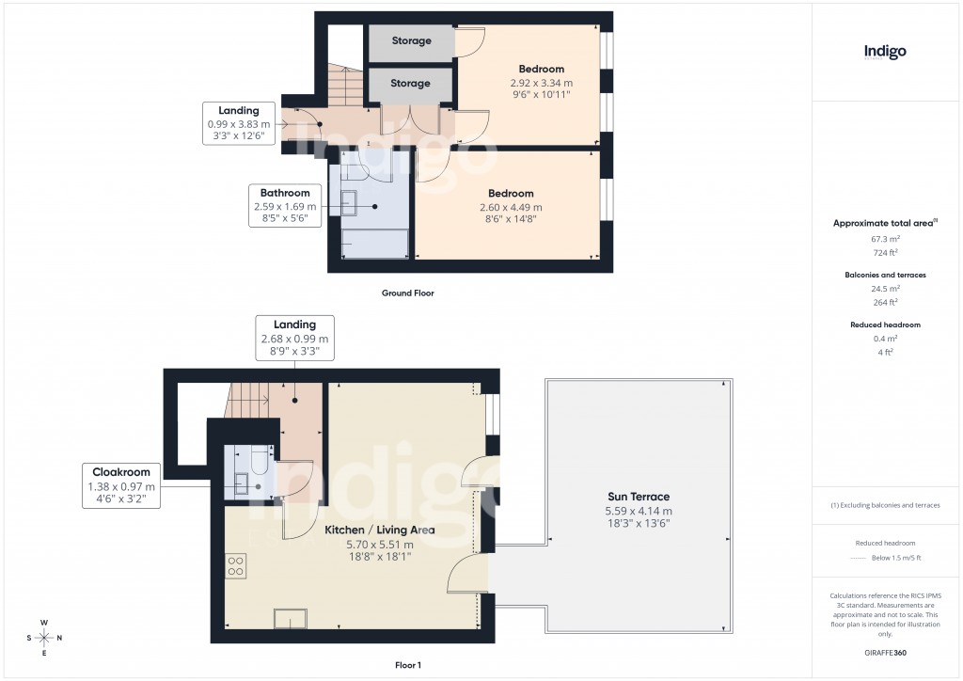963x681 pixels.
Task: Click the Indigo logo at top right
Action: click(x=885, y=52)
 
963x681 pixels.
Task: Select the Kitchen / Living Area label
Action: click(x=379, y=531)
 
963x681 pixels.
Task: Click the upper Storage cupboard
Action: click(x=411, y=41)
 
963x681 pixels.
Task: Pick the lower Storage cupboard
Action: click(x=411, y=84)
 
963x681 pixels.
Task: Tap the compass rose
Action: click(x=44, y=639)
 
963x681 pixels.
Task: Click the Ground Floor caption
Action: click(x=407, y=293)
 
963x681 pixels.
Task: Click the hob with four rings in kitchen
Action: click(x=235, y=566)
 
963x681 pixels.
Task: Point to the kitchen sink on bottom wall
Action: click(x=290, y=618)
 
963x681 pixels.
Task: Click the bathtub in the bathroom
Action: click(x=374, y=245)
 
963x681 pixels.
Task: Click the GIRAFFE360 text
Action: click(x=885, y=653)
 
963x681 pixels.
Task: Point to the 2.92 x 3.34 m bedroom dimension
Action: click(x=541, y=82)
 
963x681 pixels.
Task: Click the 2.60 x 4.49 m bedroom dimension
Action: click(x=511, y=207)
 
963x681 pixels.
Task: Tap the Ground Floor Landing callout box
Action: click(x=238, y=124)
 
